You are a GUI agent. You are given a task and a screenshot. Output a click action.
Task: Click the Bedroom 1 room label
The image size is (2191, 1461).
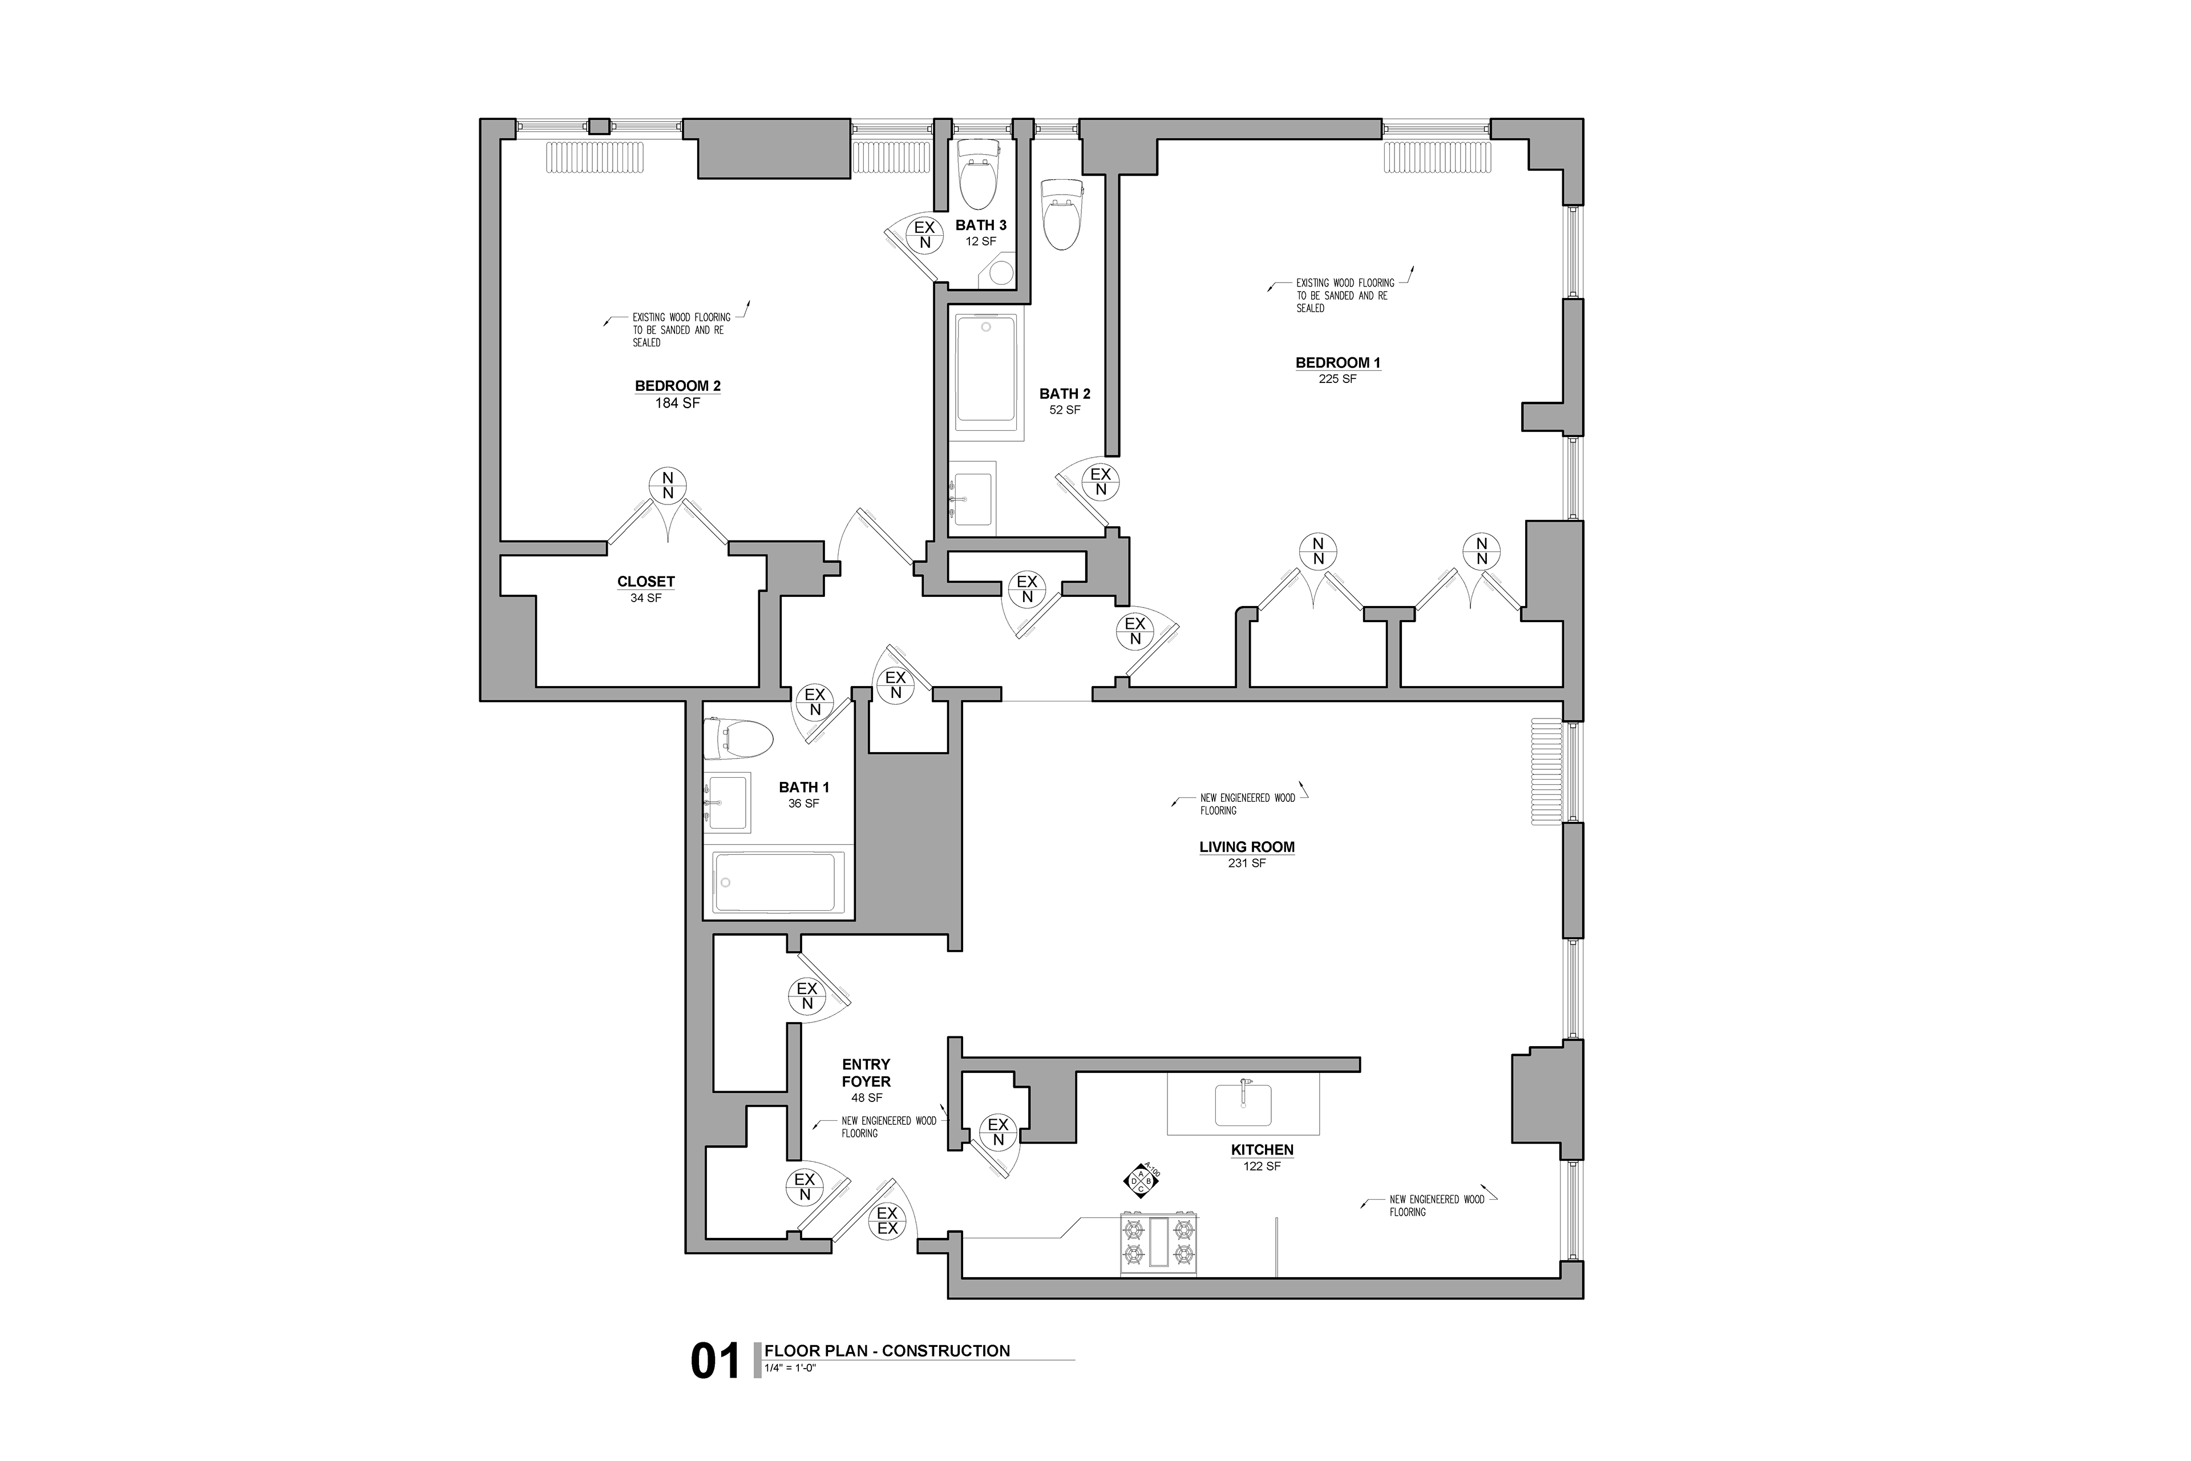1337,362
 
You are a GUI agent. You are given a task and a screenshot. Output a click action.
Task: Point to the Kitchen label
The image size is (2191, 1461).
1262,1150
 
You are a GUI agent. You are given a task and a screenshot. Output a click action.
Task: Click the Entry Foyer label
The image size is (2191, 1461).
866,1072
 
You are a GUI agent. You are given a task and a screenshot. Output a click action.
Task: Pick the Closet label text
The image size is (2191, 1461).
645,582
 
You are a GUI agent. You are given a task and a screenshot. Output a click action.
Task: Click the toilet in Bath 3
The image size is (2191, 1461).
978,173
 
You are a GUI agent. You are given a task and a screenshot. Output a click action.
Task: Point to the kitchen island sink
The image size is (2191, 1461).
1243,1104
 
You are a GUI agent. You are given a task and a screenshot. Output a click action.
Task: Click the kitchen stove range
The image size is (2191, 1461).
1159,1244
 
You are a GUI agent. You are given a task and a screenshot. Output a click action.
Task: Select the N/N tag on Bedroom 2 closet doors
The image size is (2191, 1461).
668,486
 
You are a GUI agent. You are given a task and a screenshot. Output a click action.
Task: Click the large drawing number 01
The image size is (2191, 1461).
714,1361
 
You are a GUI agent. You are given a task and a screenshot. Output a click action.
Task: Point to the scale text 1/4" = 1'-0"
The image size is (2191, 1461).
790,1369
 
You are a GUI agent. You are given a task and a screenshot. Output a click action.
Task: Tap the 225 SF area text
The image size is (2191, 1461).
1337,379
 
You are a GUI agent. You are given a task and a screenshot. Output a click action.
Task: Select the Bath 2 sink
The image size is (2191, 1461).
972,498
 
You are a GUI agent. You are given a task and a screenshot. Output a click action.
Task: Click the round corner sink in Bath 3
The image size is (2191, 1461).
1000,273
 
